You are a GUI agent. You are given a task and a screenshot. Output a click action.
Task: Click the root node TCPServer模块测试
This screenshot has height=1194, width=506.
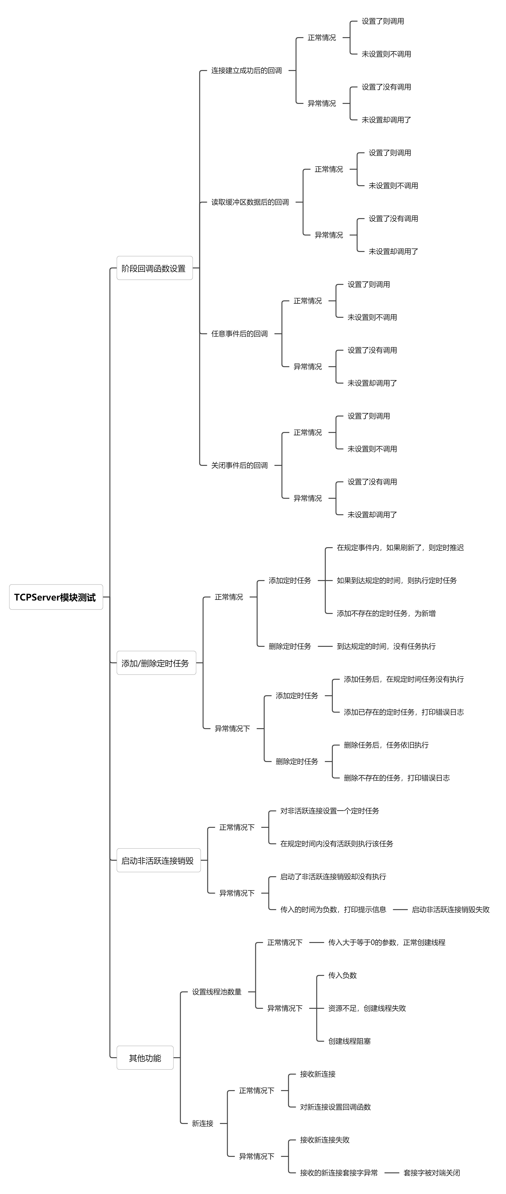(56, 597)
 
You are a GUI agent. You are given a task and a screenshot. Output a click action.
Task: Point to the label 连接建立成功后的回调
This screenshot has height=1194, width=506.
(247, 71)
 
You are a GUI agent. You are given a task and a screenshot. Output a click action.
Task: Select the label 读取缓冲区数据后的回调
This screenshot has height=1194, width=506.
(250, 202)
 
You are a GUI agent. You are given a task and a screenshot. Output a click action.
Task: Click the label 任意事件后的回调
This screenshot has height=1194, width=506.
(239, 334)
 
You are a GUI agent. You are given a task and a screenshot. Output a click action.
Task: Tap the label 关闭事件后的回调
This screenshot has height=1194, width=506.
(239, 465)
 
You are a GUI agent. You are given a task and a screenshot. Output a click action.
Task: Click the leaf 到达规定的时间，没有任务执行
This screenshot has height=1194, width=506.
(386, 646)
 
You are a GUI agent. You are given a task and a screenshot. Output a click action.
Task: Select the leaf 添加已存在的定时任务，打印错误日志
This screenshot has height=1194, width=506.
(404, 712)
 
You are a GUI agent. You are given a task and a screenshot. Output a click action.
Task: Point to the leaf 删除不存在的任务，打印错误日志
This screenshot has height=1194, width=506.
(397, 778)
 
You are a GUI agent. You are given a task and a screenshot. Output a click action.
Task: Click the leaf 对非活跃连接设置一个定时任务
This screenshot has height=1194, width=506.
(329, 811)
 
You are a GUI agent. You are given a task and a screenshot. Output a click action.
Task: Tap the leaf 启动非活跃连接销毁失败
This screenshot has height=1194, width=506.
(450, 909)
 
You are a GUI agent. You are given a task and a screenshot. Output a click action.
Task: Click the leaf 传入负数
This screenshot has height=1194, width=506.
(342, 975)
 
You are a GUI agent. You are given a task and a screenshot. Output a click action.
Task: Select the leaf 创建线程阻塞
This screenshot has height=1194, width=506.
(349, 1041)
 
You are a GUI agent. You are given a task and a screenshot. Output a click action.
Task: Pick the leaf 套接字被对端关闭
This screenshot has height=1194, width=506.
(431, 1173)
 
